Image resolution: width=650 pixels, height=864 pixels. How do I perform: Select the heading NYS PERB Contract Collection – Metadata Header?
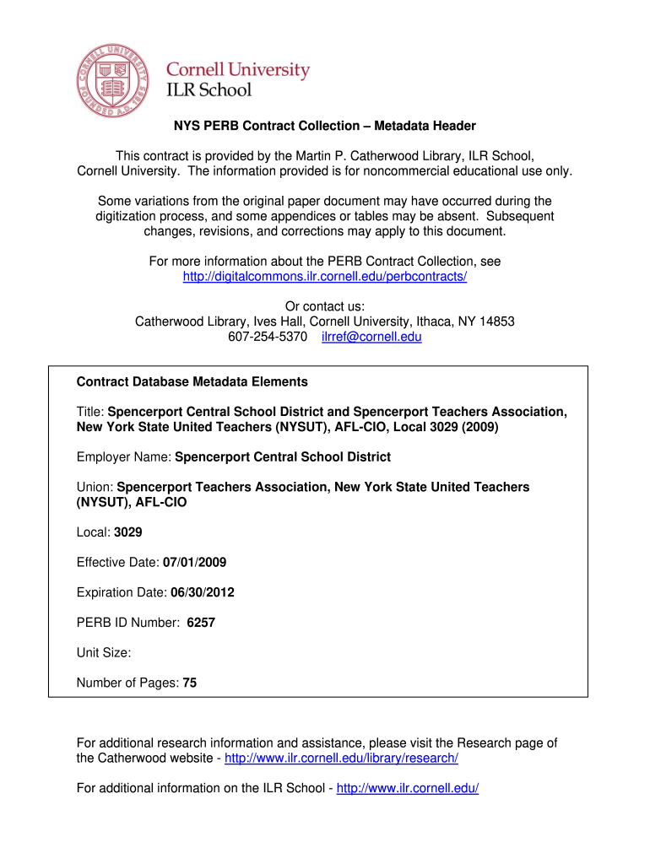point(325,126)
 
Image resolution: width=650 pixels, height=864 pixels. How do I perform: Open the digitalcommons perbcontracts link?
point(325,277)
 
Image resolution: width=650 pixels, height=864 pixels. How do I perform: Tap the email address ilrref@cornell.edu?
point(371,337)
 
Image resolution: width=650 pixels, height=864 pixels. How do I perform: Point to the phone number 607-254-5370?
point(268,337)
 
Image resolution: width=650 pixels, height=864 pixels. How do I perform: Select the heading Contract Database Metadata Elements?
point(192,381)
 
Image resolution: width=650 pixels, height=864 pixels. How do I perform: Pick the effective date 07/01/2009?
point(194,562)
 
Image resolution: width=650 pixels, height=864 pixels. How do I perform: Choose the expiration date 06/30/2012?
point(203,592)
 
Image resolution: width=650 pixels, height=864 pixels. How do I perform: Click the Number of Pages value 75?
point(189,683)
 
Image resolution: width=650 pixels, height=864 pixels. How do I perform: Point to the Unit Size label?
point(103,652)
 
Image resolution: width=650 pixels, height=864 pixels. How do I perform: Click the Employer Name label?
point(124,456)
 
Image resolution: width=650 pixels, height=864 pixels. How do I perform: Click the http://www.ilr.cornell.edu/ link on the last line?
point(408,788)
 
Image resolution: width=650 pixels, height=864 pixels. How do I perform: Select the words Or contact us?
point(325,306)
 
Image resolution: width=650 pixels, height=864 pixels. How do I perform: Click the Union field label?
point(95,487)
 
